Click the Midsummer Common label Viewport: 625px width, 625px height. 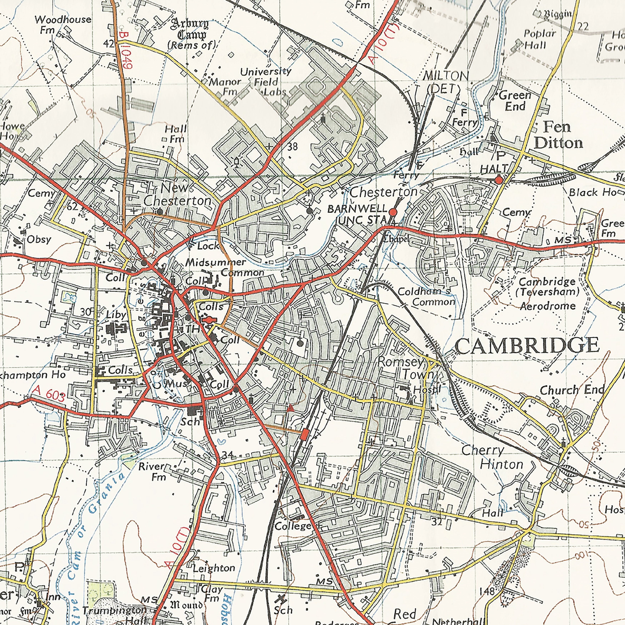tap(223, 267)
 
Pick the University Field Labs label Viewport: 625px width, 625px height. tap(265, 82)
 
